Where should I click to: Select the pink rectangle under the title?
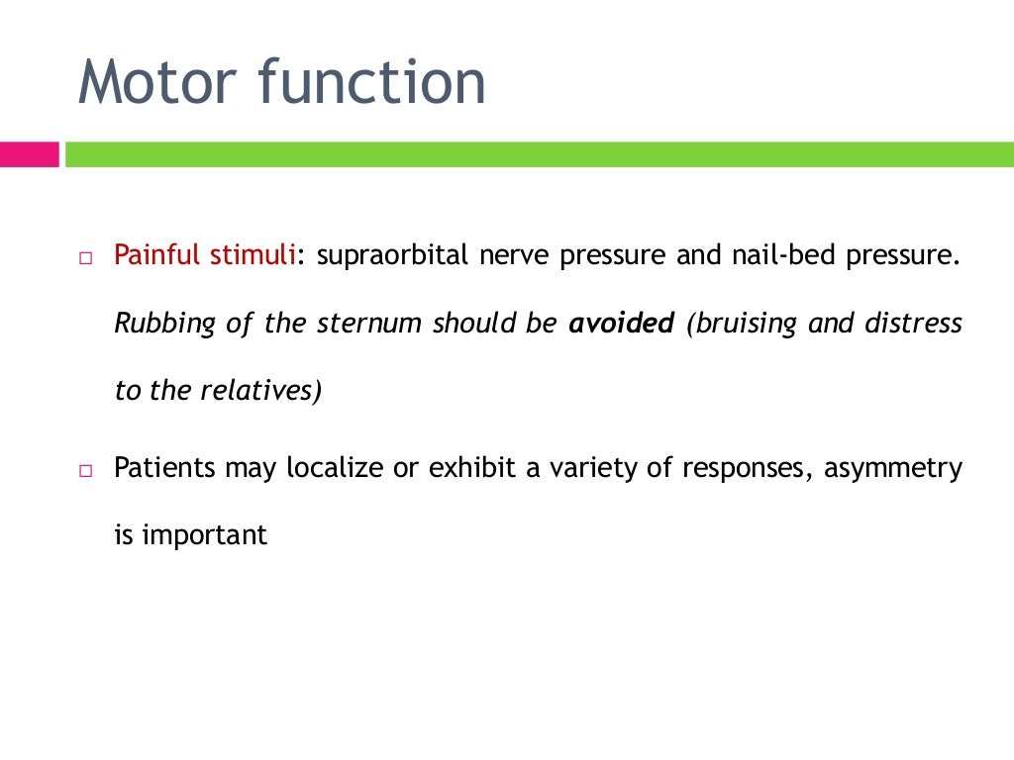click(x=29, y=154)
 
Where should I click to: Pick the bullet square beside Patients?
click(x=85, y=470)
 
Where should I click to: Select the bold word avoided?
click(x=622, y=325)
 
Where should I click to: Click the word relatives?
click(x=260, y=391)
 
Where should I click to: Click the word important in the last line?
click(x=205, y=536)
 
